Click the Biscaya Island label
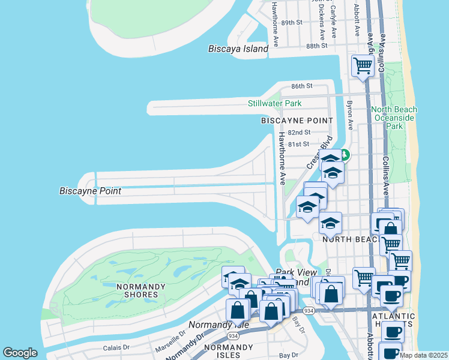point(238,49)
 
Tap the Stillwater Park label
point(274,103)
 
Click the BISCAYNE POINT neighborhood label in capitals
point(297,121)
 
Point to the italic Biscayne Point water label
point(90,191)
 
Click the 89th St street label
point(291,22)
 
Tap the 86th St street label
point(302,86)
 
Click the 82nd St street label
point(299,132)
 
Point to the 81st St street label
point(298,144)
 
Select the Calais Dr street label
point(116,347)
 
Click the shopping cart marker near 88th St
point(363,66)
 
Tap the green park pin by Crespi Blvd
point(346,158)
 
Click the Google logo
point(20,353)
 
